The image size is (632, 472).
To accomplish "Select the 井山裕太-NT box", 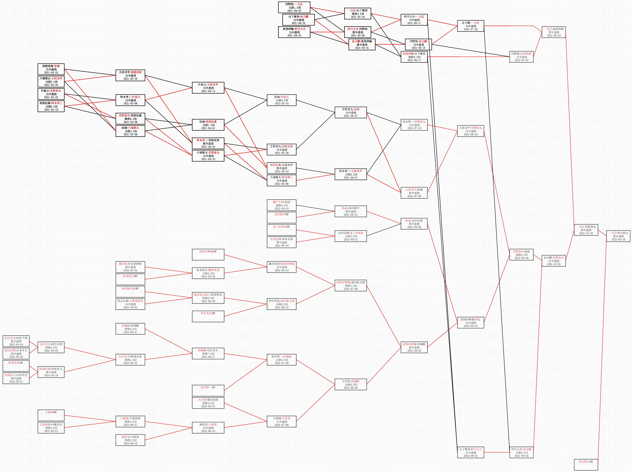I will tap(586, 464).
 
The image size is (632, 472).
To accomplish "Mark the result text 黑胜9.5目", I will tap(130, 329).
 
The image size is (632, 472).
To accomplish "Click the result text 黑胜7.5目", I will tap(208, 354).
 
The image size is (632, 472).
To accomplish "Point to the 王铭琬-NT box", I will tap(51, 415).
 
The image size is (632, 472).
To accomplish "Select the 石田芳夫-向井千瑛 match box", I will tap(16, 341).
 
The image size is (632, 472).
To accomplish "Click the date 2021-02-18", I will tap(51, 110).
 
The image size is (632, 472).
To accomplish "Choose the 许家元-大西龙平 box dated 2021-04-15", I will tap(208, 88).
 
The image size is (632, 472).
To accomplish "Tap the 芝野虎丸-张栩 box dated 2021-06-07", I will tap(351, 113).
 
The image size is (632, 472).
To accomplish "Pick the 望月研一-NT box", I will tap(208, 391).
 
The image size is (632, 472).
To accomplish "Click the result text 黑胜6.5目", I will tap(130, 119).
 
